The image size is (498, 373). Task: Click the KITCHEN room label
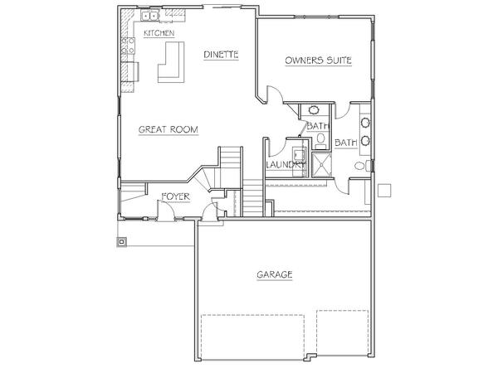coord(159,33)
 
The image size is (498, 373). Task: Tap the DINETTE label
coord(221,55)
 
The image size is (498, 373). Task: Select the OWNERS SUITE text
coord(318,61)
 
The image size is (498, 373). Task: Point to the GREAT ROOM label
coord(168,129)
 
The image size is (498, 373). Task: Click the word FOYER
coord(175,197)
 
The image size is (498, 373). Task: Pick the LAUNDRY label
coord(286,165)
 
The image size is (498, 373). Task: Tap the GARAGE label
coord(275,274)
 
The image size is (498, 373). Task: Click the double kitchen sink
coord(149,16)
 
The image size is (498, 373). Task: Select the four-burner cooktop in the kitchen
coord(128,46)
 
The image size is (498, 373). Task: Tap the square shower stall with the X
coord(322,165)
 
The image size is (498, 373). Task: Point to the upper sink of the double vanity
coord(365,123)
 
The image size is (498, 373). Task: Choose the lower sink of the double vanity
coord(365,141)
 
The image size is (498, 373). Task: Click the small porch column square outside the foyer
coord(122,242)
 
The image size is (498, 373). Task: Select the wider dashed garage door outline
coord(253,337)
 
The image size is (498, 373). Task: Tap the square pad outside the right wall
coord(384,191)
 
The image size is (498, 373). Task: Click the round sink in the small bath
coord(314,110)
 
